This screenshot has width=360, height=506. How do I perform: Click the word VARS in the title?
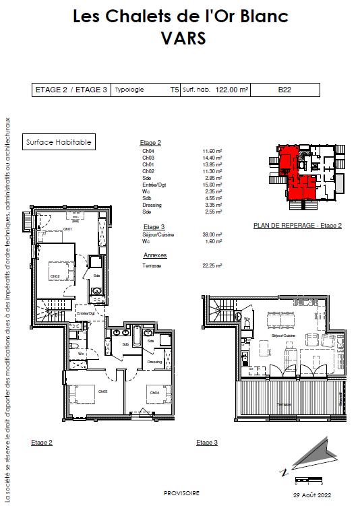point(179,39)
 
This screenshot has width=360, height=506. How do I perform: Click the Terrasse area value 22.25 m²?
point(212,265)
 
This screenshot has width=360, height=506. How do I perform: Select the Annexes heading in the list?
point(154,256)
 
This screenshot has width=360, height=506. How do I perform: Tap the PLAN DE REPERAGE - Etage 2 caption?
point(297,225)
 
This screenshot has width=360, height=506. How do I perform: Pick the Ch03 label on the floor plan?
point(103,391)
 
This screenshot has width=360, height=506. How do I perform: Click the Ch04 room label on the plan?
point(154,392)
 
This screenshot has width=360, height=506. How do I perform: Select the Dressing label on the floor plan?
point(154,362)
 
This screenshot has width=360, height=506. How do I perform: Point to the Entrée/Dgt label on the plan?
point(85,313)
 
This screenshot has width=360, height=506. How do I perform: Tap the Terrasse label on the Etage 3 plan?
point(284,403)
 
